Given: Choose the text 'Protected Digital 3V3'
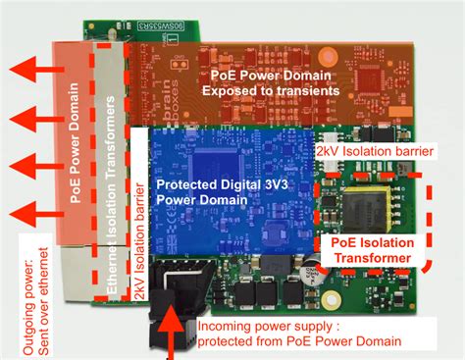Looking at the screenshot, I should pyautogui.click(x=214, y=181).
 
